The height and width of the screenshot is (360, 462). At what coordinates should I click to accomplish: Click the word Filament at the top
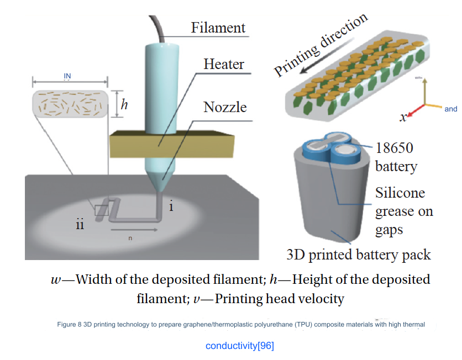tap(218, 28)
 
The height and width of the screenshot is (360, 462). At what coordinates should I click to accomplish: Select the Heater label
tap(224, 64)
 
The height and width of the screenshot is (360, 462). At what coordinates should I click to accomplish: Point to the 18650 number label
tap(395, 148)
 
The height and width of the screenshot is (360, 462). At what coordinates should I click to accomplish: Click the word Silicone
tap(400, 193)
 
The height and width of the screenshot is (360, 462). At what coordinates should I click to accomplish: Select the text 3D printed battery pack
tap(359, 255)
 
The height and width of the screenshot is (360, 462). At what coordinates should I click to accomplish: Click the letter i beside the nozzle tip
tap(171, 207)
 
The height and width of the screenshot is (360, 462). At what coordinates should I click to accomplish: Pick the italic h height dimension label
tap(124, 104)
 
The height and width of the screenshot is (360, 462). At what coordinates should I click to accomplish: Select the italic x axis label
tap(403, 117)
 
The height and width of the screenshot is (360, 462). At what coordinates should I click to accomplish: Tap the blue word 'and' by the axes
tap(451, 109)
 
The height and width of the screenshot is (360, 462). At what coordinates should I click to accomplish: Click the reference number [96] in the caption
tap(265, 346)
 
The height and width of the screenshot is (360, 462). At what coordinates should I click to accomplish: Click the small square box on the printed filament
tap(101, 210)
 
